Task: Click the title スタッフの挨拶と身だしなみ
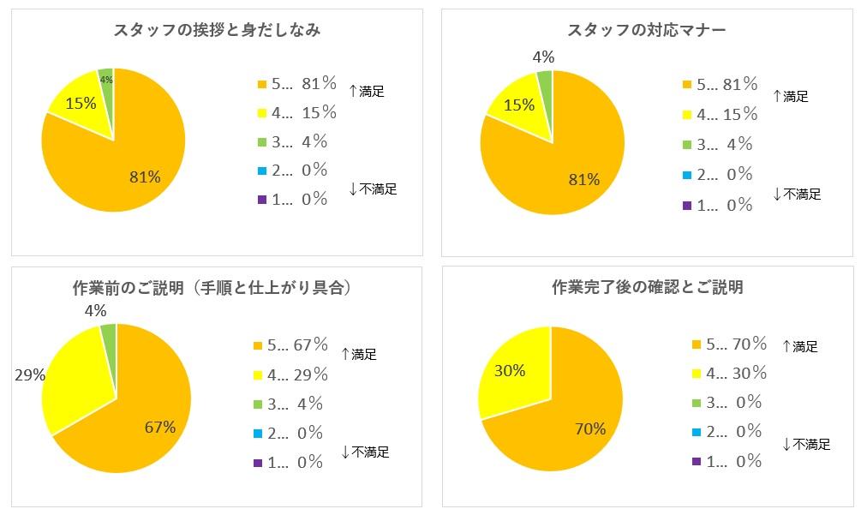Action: click(217, 31)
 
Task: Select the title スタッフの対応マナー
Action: click(647, 31)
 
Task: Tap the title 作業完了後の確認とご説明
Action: click(647, 288)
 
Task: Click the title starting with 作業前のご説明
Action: click(217, 288)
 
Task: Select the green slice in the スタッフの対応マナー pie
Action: click(544, 82)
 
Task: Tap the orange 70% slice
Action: click(583, 420)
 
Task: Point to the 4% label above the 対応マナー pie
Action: click(543, 57)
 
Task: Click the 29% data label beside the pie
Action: click(30, 374)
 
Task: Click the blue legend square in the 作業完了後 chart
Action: click(696, 432)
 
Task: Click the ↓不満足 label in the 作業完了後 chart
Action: click(807, 444)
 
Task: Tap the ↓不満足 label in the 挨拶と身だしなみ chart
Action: click(374, 189)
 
